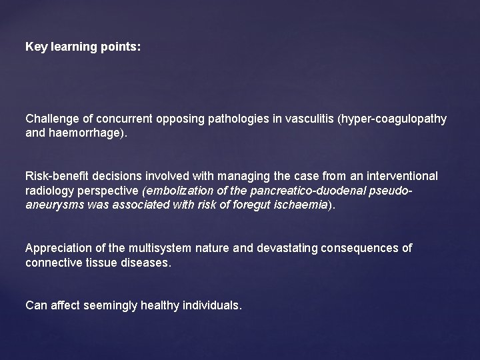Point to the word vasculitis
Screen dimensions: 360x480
click(311, 118)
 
